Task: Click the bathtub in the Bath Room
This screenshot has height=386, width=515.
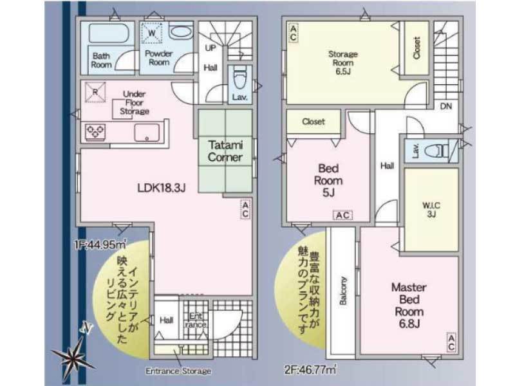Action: pyautogui.click(x=108, y=33)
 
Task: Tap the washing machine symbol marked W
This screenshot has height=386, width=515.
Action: pyautogui.click(x=152, y=33)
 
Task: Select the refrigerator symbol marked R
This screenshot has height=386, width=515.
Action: pyautogui.click(x=95, y=92)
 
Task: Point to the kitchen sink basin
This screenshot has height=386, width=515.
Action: pyautogui.click(x=147, y=133)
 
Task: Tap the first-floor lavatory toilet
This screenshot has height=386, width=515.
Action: pyautogui.click(x=239, y=79)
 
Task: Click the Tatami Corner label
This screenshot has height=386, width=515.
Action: pyautogui.click(x=225, y=151)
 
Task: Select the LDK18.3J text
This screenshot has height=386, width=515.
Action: pyautogui.click(x=162, y=188)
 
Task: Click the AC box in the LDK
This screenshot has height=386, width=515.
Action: pyautogui.click(x=245, y=209)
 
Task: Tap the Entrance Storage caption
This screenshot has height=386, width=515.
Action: pyautogui.click(x=178, y=371)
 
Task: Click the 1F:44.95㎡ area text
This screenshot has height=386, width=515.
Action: pyautogui.click(x=100, y=244)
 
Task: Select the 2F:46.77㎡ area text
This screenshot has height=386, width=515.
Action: pyautogui.click(x=310, y=370)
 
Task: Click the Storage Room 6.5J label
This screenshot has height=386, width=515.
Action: pyautogui.click(x=343, y=62)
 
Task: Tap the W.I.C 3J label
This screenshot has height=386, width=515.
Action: pyautogui.click(x=431, y=210)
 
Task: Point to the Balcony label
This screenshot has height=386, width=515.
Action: pyautogui.click(x=343, y=291)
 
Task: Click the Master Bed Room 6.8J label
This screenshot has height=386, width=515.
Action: pyautogui.click(x=409, y=306)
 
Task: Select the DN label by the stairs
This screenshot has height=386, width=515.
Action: pyautogui.click(x=446, y=106)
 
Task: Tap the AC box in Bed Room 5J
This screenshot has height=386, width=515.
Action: pyautogui.click(x=342, y=216)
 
